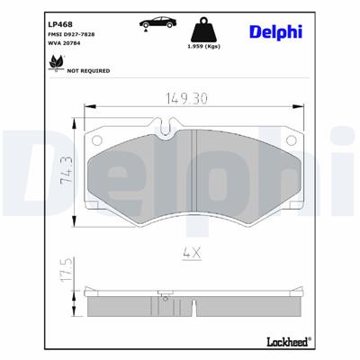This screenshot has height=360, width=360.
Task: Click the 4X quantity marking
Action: tap(191, 255)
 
